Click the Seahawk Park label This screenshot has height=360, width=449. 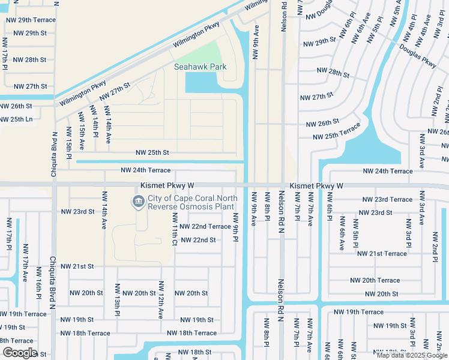click(x=200, y=67)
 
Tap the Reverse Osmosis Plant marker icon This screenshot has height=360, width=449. click(x=139, y=202)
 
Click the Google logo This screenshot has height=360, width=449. click(x=20, y=353)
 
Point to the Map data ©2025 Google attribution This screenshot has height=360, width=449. click(x=412, y=355)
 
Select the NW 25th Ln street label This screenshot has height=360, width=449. click(x=16, y=119)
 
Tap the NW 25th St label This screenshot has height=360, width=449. click(x=152, y=153)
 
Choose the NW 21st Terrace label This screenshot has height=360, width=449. click(x=382, y=254)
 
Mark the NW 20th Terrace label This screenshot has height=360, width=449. click(x=375, y=281)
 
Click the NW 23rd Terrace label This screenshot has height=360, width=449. click(x=387, y=200)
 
